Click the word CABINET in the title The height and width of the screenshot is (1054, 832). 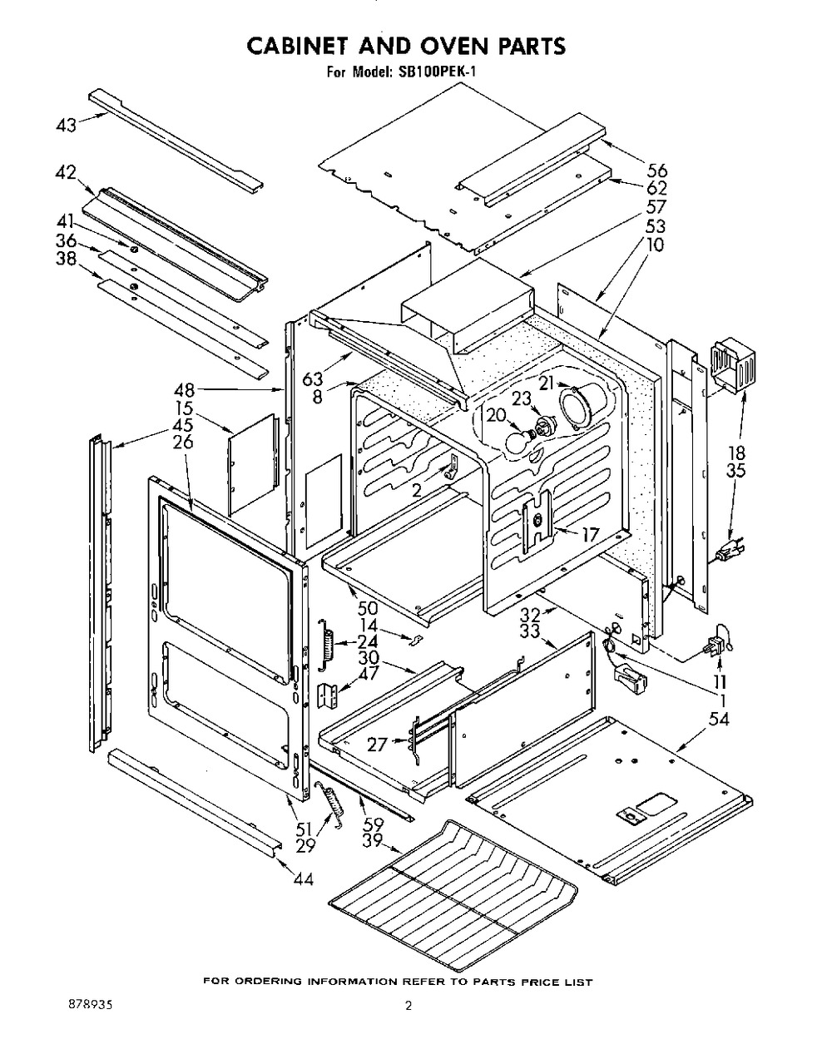(x=300, y=46)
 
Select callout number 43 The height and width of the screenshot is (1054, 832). (x=67, y=125)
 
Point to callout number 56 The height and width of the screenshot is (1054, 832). (x=656, y=171)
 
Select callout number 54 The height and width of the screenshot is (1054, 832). (x=718, y=719)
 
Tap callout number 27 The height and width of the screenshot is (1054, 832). (x=378, y=745)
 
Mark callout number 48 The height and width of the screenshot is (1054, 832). (x=184, y=390)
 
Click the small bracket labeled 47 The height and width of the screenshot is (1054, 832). (x=329, y=695)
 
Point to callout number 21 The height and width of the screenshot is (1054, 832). (x=547, y=383)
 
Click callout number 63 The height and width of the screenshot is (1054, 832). (x=313, y=379)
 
